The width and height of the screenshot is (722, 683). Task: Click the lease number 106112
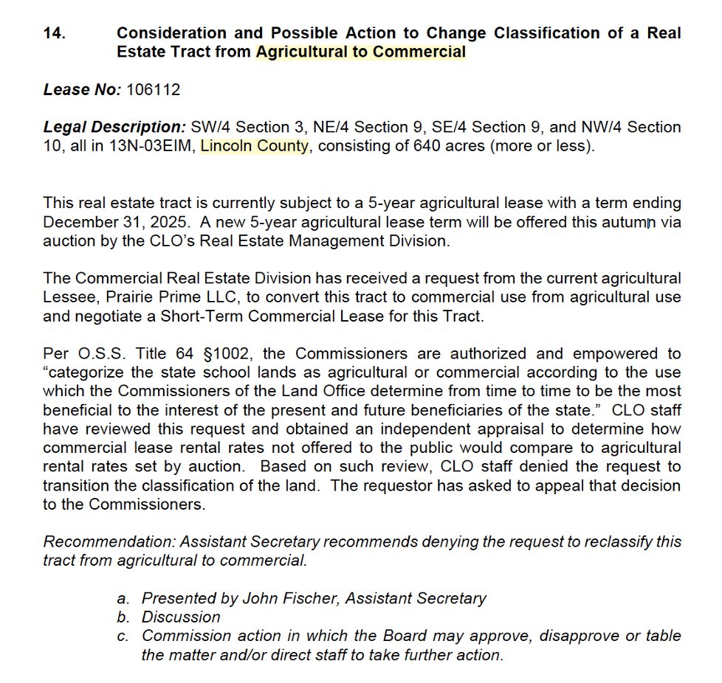tap(154, 89)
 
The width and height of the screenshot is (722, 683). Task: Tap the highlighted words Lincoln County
tap(255, 145)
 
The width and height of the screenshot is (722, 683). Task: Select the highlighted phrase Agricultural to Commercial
tap(361, 52)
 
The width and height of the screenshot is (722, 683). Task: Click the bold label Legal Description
tap(114, 127)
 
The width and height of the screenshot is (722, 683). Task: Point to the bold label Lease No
tap(81, 89)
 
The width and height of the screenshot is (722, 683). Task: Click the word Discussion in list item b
tap(182, 617)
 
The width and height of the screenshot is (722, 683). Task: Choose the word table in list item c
tap(661, 636)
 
